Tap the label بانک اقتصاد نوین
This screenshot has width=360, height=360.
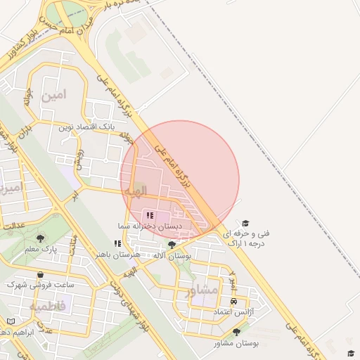(x=86, y=127)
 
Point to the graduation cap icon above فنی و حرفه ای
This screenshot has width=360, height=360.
(x=245, y=223)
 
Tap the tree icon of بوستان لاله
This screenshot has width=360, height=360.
(x=172, y=245)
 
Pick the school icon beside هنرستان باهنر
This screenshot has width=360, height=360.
(x=117, y=243)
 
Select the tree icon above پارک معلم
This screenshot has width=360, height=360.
(x=40, y=238)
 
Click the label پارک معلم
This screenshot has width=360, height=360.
(x=40, y=249)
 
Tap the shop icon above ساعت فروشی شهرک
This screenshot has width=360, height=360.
(x=40, y=274)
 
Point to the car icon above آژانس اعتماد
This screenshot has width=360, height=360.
(x=233, y=300)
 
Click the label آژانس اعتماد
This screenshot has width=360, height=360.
(x=233, y=311)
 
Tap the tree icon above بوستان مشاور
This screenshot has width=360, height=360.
(x=236, y=332)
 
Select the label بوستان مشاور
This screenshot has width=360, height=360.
(x=237, y=343)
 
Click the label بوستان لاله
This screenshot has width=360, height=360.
(x=172, y=256)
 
